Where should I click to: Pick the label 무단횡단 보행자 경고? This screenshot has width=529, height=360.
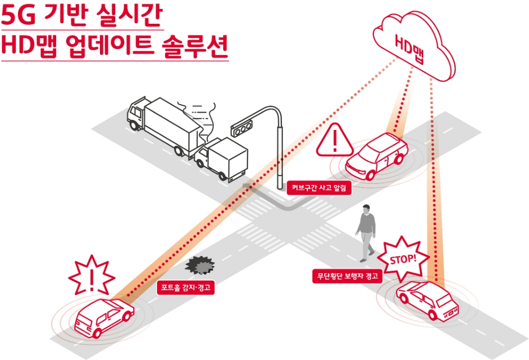(x=347, y=276)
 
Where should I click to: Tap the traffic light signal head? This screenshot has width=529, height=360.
(x=241, y=127)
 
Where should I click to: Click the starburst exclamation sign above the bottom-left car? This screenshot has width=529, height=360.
(x=92, y=276)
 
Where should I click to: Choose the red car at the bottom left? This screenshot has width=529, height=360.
(x=103, y=317)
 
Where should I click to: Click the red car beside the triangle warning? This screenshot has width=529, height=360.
(x=376, y=155)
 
